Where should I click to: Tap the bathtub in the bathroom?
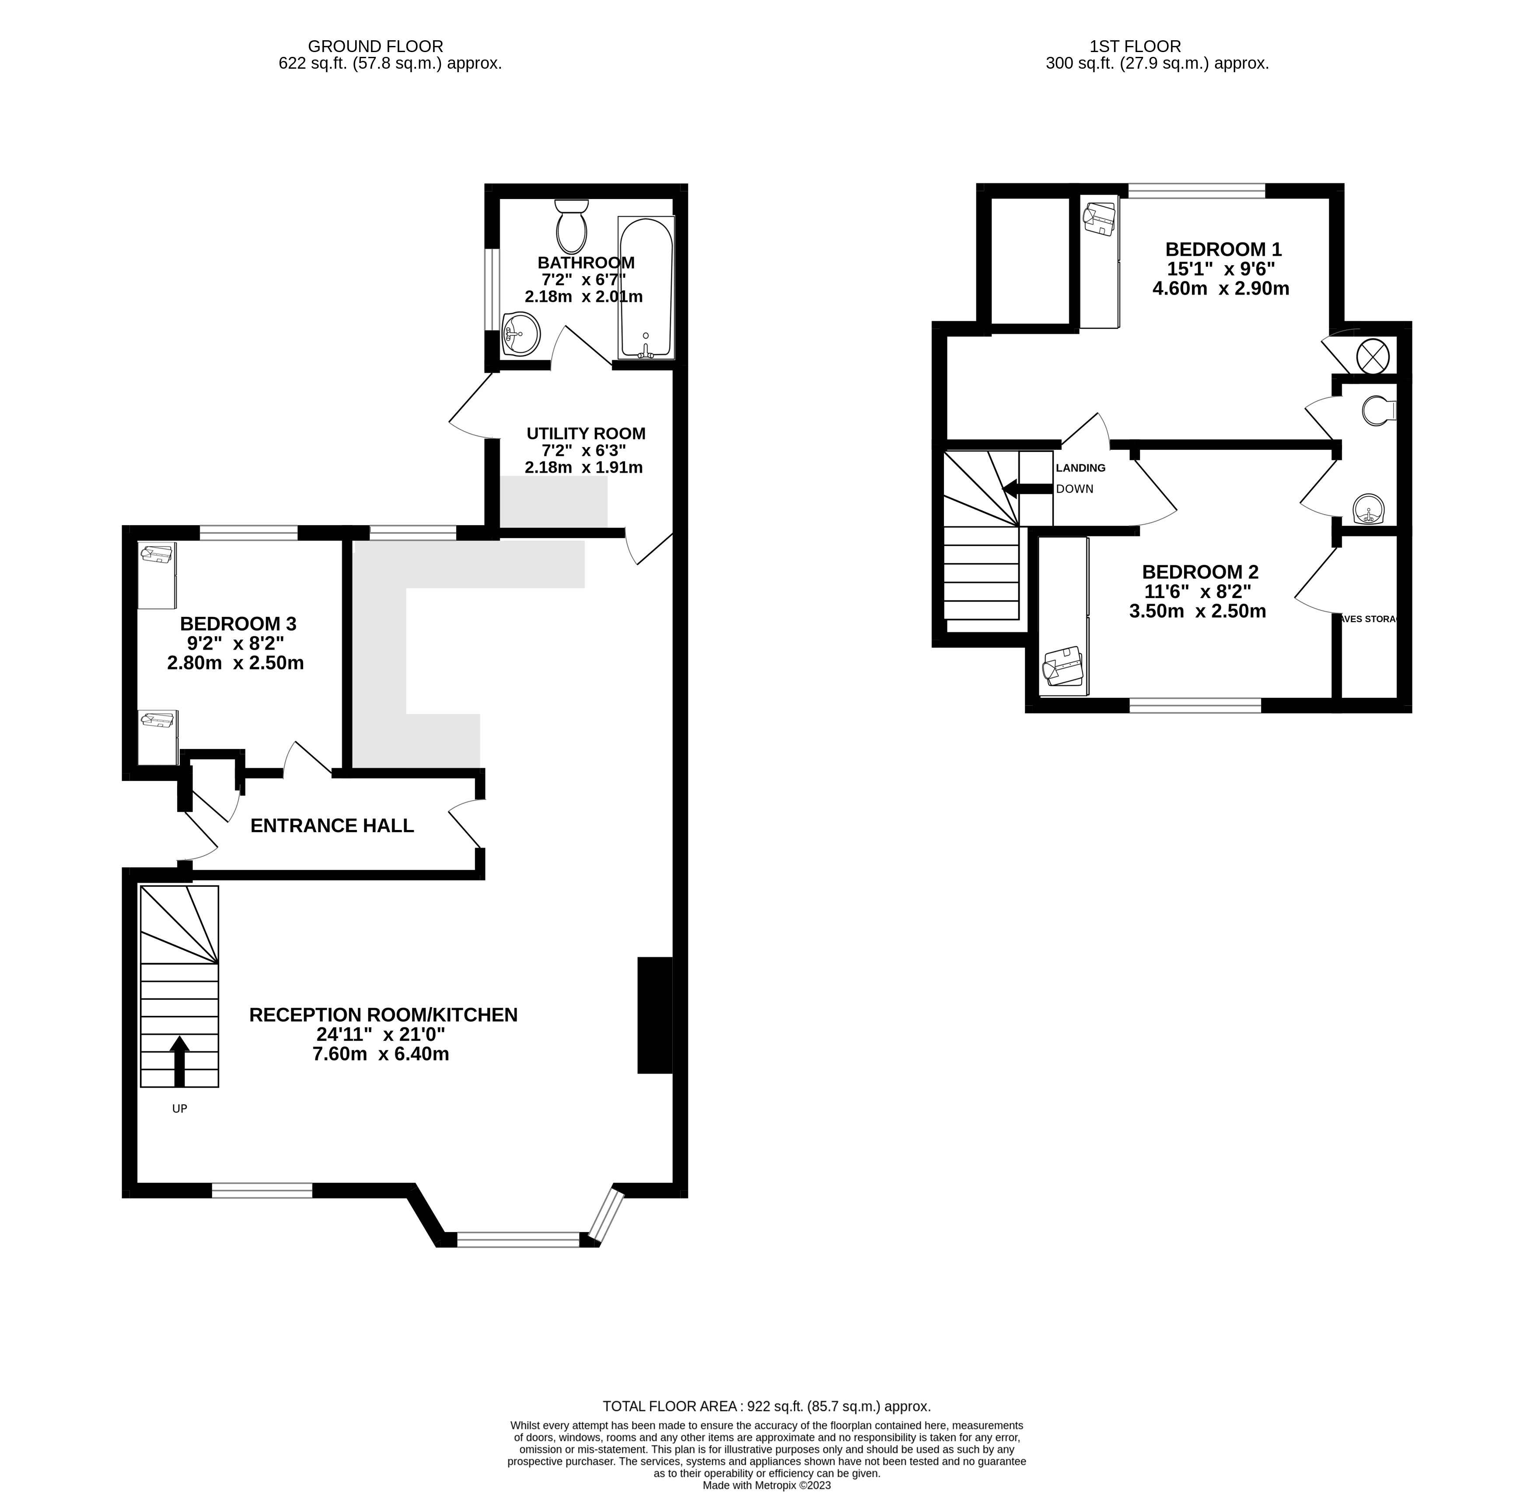click(646, 287)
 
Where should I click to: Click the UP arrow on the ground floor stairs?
click(179, 1061)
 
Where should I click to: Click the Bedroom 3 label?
click(238, 624)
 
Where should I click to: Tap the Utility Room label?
click(586, 433)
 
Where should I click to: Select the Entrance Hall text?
click(332, 825)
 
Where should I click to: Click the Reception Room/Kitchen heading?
click(383, 1015)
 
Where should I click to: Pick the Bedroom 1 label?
click(1223, 249)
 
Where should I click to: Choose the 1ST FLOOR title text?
click(1135, 46)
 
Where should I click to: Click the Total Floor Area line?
click(766, 1407)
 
